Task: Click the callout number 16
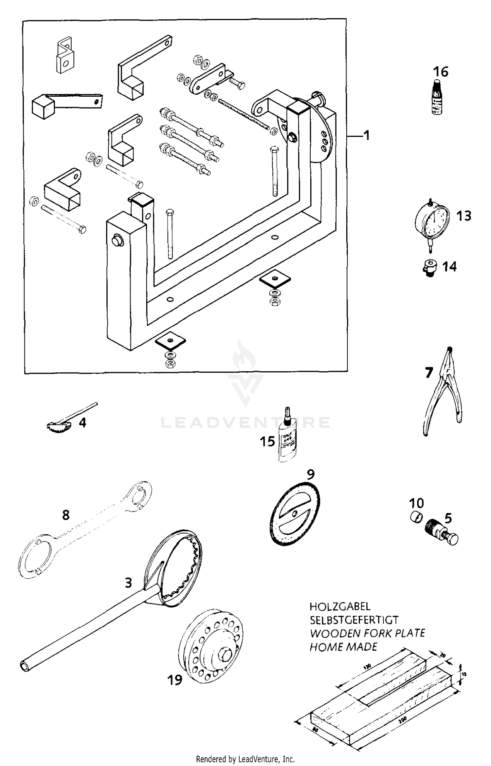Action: [x=441, y=72]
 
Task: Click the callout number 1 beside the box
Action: [x=367, y=135]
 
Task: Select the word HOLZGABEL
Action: [x=340, y=606]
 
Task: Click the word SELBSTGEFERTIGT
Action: [x=354, y=620]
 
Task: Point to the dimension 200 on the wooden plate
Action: [x=402, y=719]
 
